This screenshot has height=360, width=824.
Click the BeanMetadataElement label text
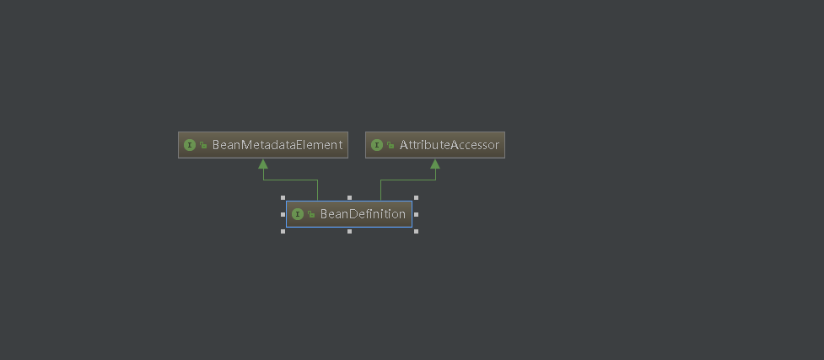[x=277, y=145]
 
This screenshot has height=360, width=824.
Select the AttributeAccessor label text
[x=449, y=145]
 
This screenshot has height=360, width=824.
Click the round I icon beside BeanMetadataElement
[x=190, y=145]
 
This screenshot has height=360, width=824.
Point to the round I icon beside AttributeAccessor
[x=377, y=145]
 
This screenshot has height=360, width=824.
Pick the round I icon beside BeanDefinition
[x=298, y=214]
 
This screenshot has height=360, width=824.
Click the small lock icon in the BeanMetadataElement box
[x=203, y=146]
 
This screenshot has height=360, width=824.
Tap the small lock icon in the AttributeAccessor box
[x=390, y=146]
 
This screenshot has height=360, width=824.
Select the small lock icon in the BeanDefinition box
[x=311, y=215]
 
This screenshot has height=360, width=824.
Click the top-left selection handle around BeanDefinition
[x=283, y=198]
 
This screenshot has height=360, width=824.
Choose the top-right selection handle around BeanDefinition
[x=416, y=198]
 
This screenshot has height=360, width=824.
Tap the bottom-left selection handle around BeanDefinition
[x=283, y=231]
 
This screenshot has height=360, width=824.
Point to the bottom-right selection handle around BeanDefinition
[x=416, y=231]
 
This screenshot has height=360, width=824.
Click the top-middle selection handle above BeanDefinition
[x=349, y=198]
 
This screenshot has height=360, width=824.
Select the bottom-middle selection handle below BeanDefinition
[x=349, y=231]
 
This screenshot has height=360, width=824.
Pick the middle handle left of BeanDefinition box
[x=283, y=214]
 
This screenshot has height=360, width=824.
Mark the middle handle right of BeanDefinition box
[x=416, y=214]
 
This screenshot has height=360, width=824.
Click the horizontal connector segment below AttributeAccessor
[x=408, y=180]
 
